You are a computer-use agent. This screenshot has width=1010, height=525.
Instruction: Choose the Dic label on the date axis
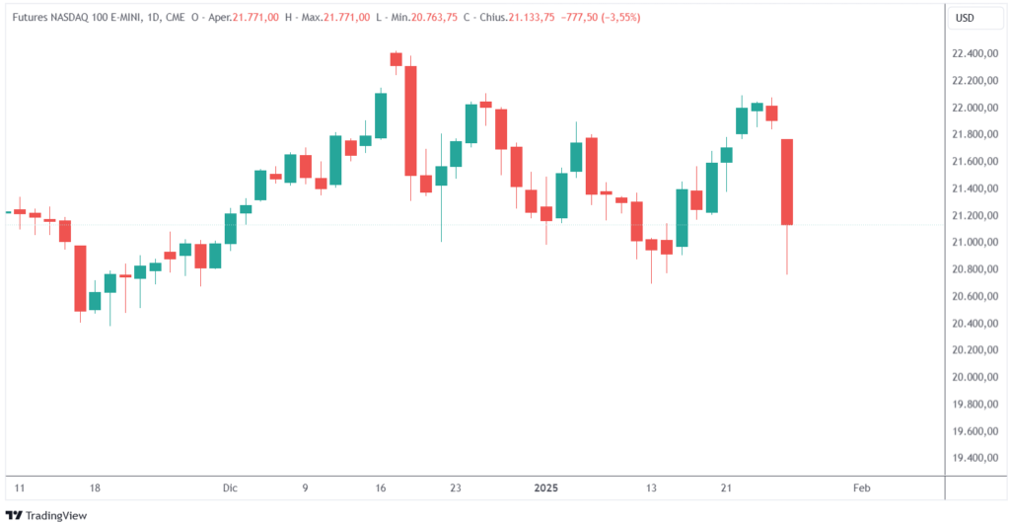coord(231,487)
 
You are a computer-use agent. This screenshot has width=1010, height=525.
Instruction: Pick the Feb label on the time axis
coord(861,487)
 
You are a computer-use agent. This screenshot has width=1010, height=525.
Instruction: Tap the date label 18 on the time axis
coord(95,487)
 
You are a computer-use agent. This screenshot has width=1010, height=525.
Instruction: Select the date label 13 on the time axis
coord(651,487)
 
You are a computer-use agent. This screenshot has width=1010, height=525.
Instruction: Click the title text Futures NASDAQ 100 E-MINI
coord(76,18)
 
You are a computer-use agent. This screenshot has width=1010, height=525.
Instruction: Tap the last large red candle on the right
coord(787,183)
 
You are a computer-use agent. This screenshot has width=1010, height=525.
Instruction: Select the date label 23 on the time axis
coord(455,487)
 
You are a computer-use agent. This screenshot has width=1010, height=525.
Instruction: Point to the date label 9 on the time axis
coord(305,487)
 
